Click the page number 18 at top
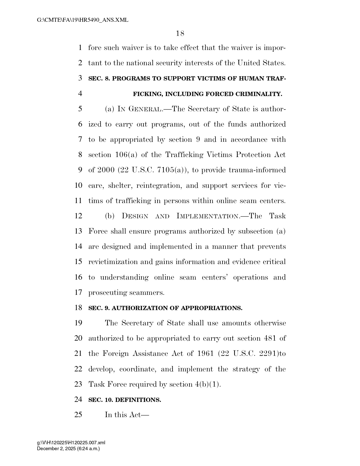[180, 34]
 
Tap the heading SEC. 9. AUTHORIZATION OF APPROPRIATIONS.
[165, 308]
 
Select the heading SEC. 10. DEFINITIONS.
[125, 400]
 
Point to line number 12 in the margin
[78, 216]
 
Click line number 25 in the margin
[78, 415]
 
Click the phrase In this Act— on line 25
[127, 415]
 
